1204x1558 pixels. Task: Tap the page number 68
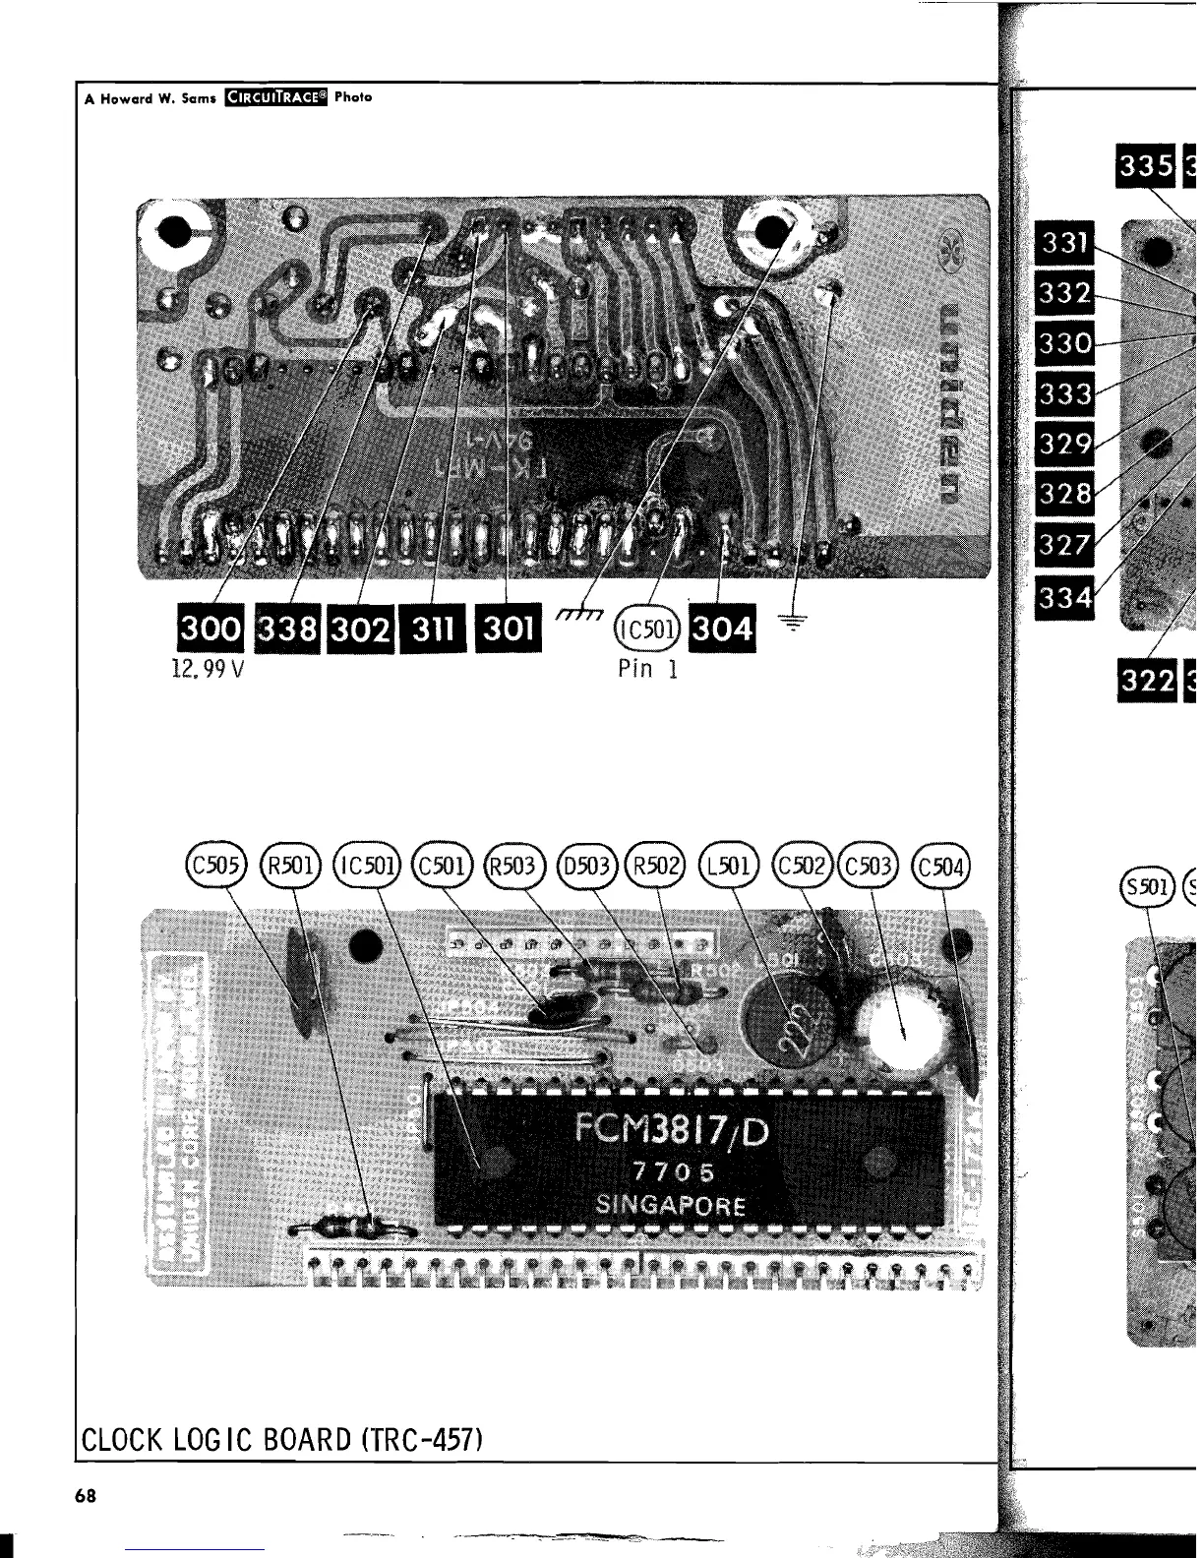click(x=87, y=1496)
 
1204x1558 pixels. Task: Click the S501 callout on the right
click(x=1149, y=886)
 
